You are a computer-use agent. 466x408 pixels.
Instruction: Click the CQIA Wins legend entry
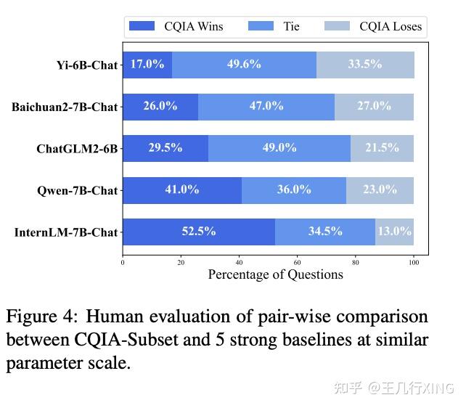coord(176,27)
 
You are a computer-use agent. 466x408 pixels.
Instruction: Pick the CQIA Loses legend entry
coord(371,27)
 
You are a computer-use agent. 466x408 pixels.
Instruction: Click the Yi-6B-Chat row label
coord(86,65)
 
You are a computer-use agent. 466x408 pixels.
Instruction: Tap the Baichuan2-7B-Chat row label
coord(64,107)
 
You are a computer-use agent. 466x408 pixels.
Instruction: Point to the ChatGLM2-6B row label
coord(77,149)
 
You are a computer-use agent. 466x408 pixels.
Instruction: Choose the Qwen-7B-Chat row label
coord(77,190)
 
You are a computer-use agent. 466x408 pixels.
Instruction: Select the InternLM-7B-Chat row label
coord(65,232)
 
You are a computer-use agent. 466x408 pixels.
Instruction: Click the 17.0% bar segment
coord(147,64)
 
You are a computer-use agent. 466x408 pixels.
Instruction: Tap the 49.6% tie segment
coord(244,64)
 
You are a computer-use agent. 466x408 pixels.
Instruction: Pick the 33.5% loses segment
coord(365,64)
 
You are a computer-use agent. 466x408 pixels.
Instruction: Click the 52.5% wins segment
coord(199,232)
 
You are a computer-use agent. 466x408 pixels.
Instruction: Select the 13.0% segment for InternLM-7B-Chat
coord(394,232)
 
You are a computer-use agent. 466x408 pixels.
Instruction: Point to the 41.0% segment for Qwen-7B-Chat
coord(181,189)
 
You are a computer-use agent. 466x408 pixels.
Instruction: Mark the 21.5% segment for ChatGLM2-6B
coord(382,147)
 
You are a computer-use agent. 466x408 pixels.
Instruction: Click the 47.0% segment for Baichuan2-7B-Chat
coord(266,106)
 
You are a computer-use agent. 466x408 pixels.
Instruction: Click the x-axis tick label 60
coord(298,262)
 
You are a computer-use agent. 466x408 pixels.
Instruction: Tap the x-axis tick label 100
coord(414,262)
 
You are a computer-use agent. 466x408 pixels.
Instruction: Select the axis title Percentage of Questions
coord(275,274)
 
